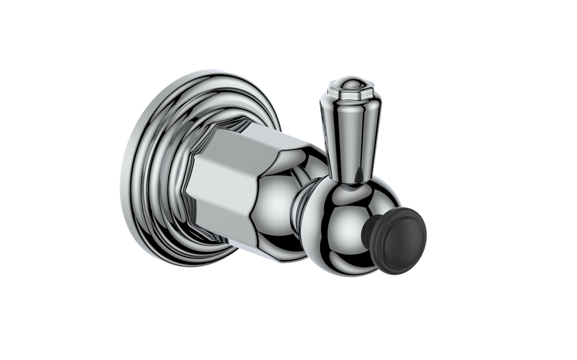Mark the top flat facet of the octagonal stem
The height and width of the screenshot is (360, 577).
(242, 135)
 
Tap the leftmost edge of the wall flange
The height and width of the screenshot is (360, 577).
(121, 169)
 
